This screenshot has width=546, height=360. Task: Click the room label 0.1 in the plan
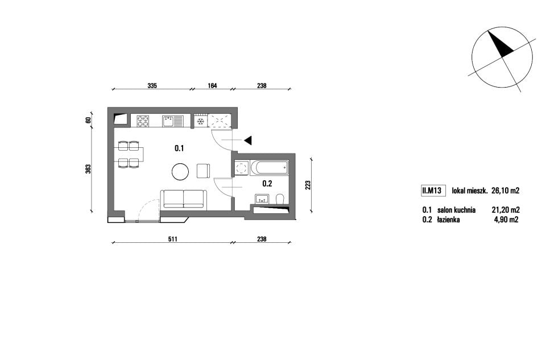179,148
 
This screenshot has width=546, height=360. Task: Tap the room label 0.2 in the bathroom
267,184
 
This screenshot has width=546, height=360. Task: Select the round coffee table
180,172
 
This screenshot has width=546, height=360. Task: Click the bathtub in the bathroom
269,168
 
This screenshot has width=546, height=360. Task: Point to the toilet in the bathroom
280,199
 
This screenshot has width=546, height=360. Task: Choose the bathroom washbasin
261,199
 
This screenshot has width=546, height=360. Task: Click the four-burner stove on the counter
142,121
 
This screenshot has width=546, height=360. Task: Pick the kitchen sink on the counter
172,121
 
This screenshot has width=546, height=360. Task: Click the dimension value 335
152,85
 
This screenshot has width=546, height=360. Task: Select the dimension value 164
212,85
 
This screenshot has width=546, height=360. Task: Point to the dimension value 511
173,239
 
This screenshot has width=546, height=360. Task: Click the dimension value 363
88,169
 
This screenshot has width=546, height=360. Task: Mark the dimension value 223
308,184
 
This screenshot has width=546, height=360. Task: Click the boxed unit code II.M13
432,191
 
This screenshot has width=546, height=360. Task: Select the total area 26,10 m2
505,191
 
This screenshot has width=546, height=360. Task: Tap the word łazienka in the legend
448,220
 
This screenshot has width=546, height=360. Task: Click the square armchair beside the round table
204,171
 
